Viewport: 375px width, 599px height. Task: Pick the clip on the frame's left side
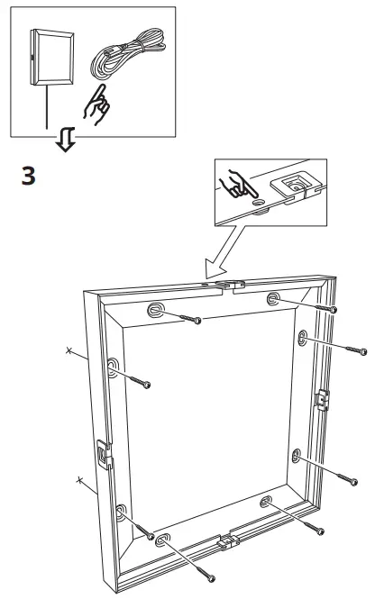tap(103, 453)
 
